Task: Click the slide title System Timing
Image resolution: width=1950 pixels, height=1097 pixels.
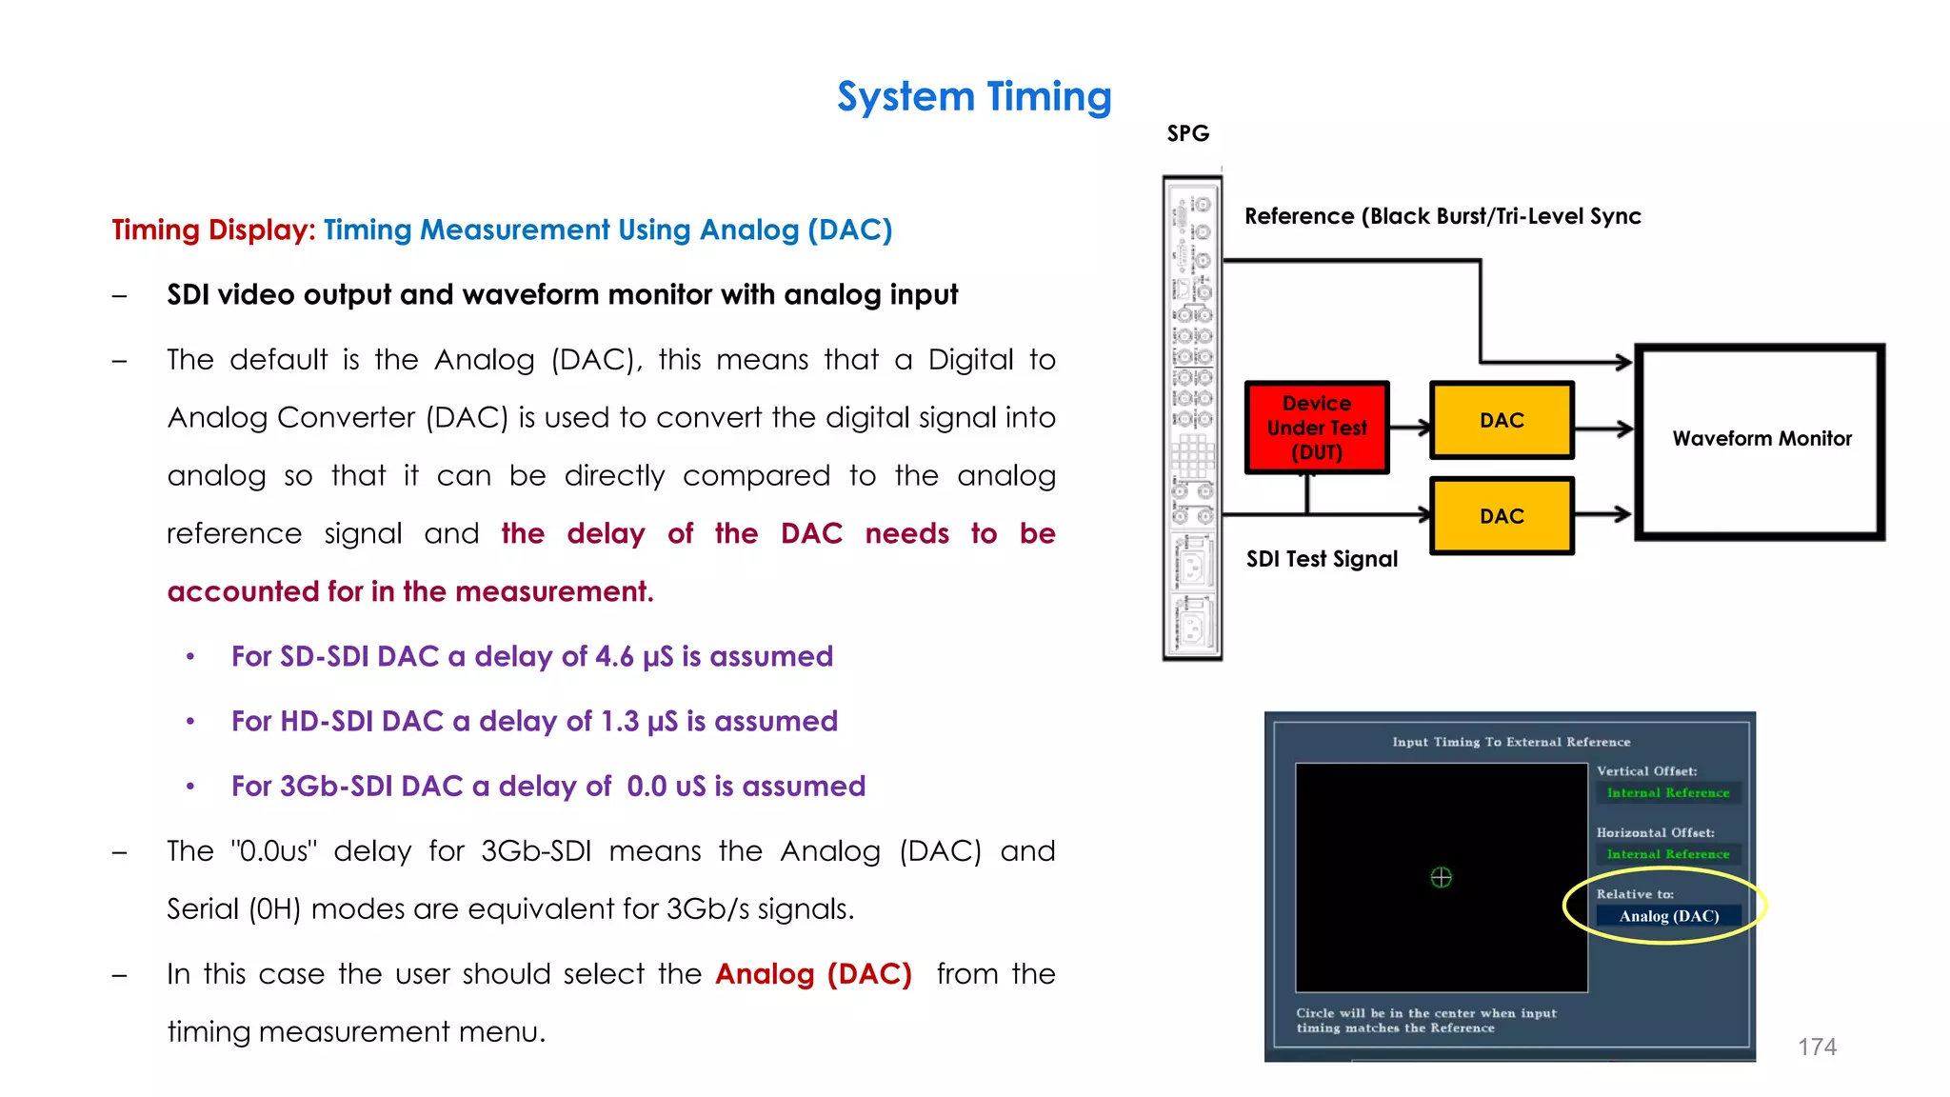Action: coord(974,96)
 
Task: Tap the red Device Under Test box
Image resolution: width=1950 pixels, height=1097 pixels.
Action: coord(1317,428)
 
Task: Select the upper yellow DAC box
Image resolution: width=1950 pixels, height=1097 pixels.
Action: coord(1502,420)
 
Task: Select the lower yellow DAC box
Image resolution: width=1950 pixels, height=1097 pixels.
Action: coord(1502,516)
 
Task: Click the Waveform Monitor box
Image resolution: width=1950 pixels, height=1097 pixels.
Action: coord(1761,439)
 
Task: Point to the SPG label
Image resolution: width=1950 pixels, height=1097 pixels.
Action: coord(1188,133)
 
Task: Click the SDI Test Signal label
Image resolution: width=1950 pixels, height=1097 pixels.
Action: coord(1322,559)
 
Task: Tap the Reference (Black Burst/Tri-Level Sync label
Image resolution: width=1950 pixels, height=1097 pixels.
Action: coord(1443,216)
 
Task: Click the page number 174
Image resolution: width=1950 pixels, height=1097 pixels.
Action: coord(1817,1047)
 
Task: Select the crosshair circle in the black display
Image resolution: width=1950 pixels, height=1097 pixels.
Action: coord(1442,877)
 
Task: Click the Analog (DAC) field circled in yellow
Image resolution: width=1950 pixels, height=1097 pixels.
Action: coord(1668,916)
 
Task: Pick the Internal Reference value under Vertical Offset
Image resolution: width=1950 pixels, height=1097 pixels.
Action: coord(1668,792)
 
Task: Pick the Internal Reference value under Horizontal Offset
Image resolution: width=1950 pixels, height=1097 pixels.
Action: coord(1668,854)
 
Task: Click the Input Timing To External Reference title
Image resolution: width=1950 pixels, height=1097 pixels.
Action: coord(1511,742)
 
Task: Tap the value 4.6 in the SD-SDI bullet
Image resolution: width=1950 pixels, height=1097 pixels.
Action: coord(614,656)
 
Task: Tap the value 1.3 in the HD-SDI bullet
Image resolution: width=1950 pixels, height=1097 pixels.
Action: coord(619,721)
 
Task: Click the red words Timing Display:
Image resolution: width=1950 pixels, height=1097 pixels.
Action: coord(213,229)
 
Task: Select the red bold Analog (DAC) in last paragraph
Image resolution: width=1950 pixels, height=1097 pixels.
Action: coord(813,973)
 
